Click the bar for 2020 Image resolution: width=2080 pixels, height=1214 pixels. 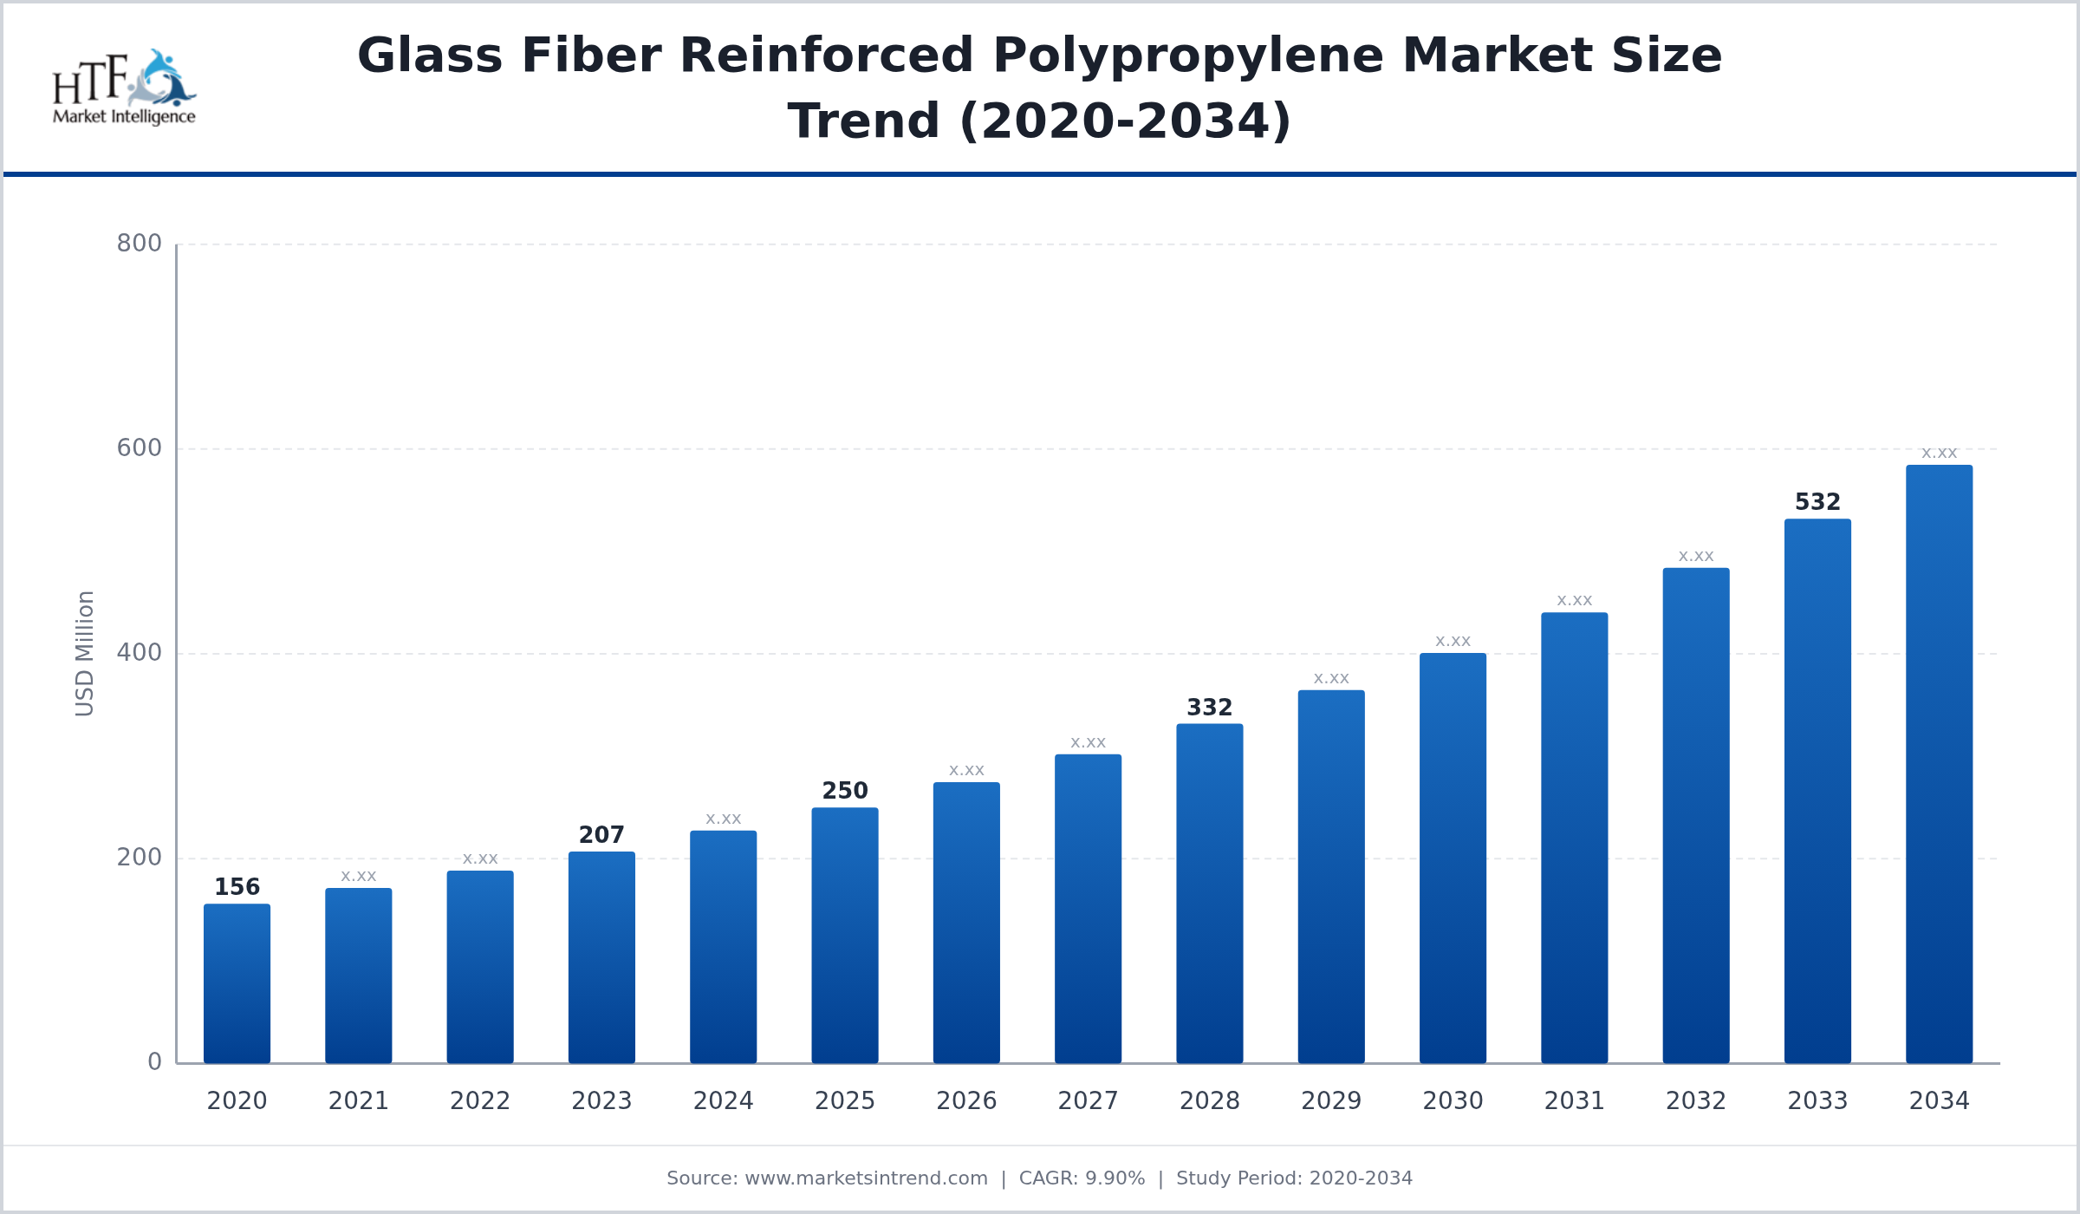pyautogui.click(x=237, y=983)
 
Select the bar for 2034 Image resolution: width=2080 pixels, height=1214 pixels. pyautogui.click(x=1939, y=764)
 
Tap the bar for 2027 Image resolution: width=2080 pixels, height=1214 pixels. pyautogui.click(x=1088, y=909)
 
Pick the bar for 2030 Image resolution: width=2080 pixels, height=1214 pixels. pyautogui.click(x=1453, y=858)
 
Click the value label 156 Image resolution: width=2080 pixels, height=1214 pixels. pyautogui.click(x=237, y=887)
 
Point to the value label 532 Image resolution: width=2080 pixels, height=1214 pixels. pyautogui.click(x=1817, y=502)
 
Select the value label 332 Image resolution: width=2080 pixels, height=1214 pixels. pyautogui.click(x=1209, y=708)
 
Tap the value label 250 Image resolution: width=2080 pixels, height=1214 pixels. pyautogui.click(x=845, y=791)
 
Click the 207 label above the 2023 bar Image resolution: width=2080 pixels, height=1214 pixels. pyautogui.click(x=601, y=835)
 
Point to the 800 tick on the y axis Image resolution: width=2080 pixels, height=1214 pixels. pyautogui.click(x=140, y=244)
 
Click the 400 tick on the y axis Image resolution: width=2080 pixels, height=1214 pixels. pyautogui.click(x=140, y=653)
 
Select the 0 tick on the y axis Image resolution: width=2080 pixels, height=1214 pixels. pyautogui.click(x=154, y=1062)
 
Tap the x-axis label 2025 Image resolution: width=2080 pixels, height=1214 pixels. pyautogui.click(x=845, y=1101)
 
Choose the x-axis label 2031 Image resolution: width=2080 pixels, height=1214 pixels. pyautogui.click(x=1574, y=1101)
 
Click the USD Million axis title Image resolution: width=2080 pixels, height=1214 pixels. pyautogui.click(x=84, y=653)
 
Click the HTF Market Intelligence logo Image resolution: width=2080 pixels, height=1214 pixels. pyautogui.click(x=124, y=87)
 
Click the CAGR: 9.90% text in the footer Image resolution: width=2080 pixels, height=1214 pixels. pyautogui.click(x=1082, y=1178)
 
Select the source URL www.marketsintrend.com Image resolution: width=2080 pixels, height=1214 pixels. pyautogui.click(x=866, y=1178)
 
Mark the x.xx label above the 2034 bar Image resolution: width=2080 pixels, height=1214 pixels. pyautogui.click(x=1939, y=454)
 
